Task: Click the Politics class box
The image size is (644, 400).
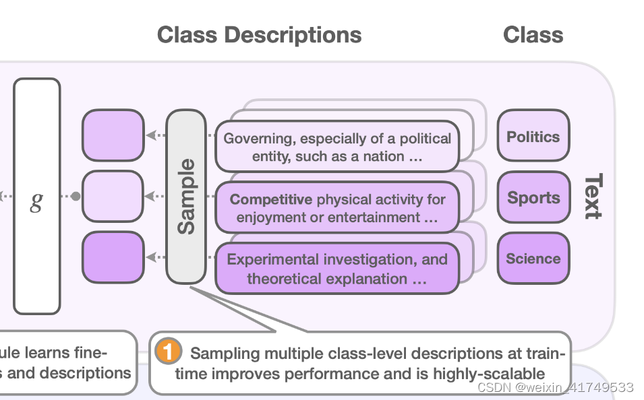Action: (533, 137)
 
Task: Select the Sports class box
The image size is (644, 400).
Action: (533, 198)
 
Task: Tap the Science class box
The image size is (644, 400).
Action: (533, 259)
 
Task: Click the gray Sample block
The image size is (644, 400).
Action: (186, 197)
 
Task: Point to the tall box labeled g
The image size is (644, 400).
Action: (37, 197)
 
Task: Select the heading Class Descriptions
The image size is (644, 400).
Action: (259, 35)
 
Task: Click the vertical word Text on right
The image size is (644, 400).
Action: (591, 197)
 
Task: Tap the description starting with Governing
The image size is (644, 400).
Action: (337, 147)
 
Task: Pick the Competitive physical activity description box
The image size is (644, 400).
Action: (337, 208)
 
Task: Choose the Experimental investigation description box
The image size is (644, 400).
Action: (337, 269)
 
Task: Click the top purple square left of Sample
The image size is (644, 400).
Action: (113, 136)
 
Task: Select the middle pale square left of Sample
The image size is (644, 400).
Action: (113, 197)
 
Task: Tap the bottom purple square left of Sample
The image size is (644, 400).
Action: (113, 257)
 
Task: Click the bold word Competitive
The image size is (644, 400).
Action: (271, 199)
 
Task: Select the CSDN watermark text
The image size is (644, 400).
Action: (554, 388)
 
